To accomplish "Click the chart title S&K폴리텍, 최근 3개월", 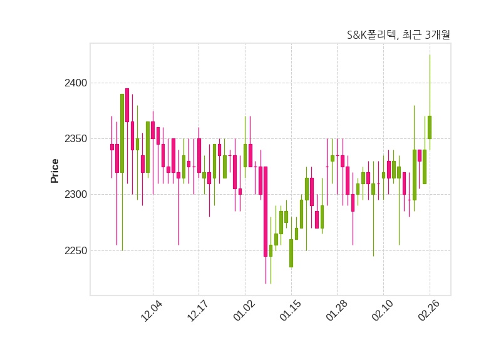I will [x=398, y=35].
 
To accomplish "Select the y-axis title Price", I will [x=54, y=170].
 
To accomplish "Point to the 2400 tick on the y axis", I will [x=76, y=83].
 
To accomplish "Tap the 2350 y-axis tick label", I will [x=76, y=139].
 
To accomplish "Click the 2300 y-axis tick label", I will [x=76, y=195].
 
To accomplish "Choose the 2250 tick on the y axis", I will [x=76, y=251].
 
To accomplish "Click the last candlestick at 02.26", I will [x=430, y=127].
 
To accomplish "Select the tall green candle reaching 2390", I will [x=122, y=133].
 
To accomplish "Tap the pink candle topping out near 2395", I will [x=127, y=105].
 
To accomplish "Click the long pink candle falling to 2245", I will [x=266, y=212].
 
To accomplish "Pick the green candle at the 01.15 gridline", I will [x=291, y=253].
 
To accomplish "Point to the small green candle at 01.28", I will [x=333, y=158].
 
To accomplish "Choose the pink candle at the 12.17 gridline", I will [x=199, y=155].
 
